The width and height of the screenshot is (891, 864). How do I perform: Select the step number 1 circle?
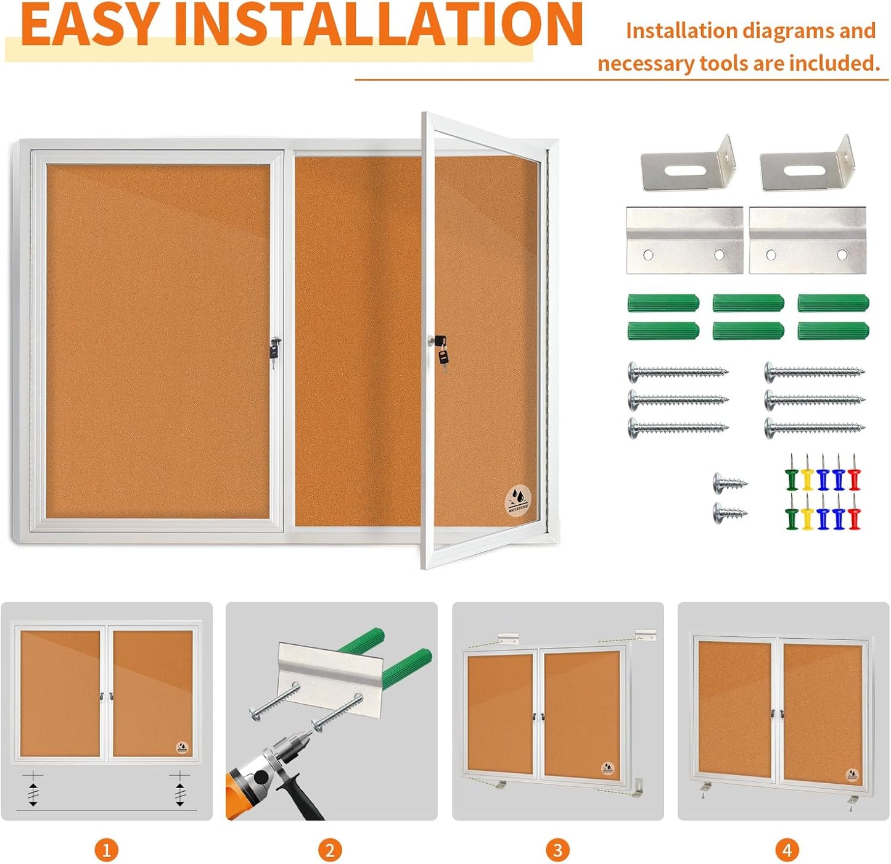[x=106, y=850]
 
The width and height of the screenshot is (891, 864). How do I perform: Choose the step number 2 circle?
[x=330, y=850]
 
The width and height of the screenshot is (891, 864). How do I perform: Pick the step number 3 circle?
[x=557, y=850]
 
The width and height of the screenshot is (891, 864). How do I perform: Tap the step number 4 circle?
[x=787, y=850]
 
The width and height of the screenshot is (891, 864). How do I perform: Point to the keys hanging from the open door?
[x=442, y=357]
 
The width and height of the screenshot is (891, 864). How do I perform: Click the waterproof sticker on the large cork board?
[x=518, y=499]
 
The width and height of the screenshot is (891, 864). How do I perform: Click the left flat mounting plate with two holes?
[x=684, y=241]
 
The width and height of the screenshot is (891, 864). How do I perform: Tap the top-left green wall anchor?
[x=663, y=303]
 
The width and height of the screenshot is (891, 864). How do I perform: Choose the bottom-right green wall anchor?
[x=833, y=331]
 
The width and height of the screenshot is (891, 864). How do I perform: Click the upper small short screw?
[x=729, y=483]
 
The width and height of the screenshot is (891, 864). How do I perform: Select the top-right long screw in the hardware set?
[x=814, y=372]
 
